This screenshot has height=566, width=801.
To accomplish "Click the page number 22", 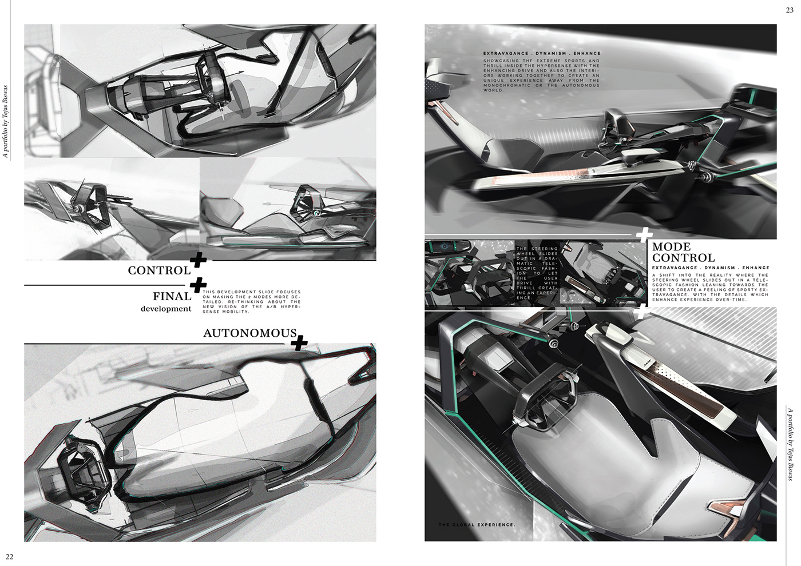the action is [x=10, y=557].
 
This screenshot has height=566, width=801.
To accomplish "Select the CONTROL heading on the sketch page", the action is [x=159, y=270].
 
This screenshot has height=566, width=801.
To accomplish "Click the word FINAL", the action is [x=172, y=296].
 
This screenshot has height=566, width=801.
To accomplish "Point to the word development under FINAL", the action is [x=166, y=309].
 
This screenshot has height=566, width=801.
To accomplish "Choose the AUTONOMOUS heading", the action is [x=250, y=333].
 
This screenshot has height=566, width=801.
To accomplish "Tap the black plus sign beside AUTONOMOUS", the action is [x=299, y=343].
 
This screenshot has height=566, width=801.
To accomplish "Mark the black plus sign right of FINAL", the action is [x=198, y=285].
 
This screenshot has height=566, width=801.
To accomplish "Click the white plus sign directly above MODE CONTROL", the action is [x=644, y=234].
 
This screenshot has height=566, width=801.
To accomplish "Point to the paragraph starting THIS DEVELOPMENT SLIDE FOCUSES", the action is [x=251, y=302].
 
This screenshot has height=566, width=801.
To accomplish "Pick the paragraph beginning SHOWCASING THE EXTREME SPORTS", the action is [x=541, y=75].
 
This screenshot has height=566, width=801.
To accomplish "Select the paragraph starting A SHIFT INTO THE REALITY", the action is [x=710, y=287].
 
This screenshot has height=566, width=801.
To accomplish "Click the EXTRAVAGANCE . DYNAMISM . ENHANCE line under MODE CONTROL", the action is [x=710, y=268].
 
